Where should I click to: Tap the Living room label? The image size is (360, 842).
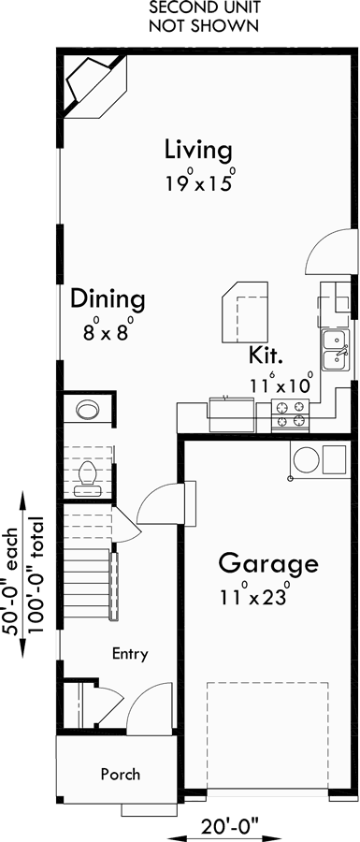tap(197, 150)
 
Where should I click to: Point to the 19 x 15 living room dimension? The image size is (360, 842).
tap(196, 181)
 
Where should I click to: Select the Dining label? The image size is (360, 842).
tap(108, 299)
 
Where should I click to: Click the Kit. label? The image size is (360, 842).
tap(266, 356)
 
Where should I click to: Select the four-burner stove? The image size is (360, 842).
tap(290, 408)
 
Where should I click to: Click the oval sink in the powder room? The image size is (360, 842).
tap(89, 409)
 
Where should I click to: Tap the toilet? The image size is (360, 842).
tap(86, 475)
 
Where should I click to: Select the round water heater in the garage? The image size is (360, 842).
tap(305, 459)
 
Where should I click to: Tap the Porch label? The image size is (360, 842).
tap(122, 774)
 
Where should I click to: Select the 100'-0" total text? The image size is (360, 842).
tap(37, 574)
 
